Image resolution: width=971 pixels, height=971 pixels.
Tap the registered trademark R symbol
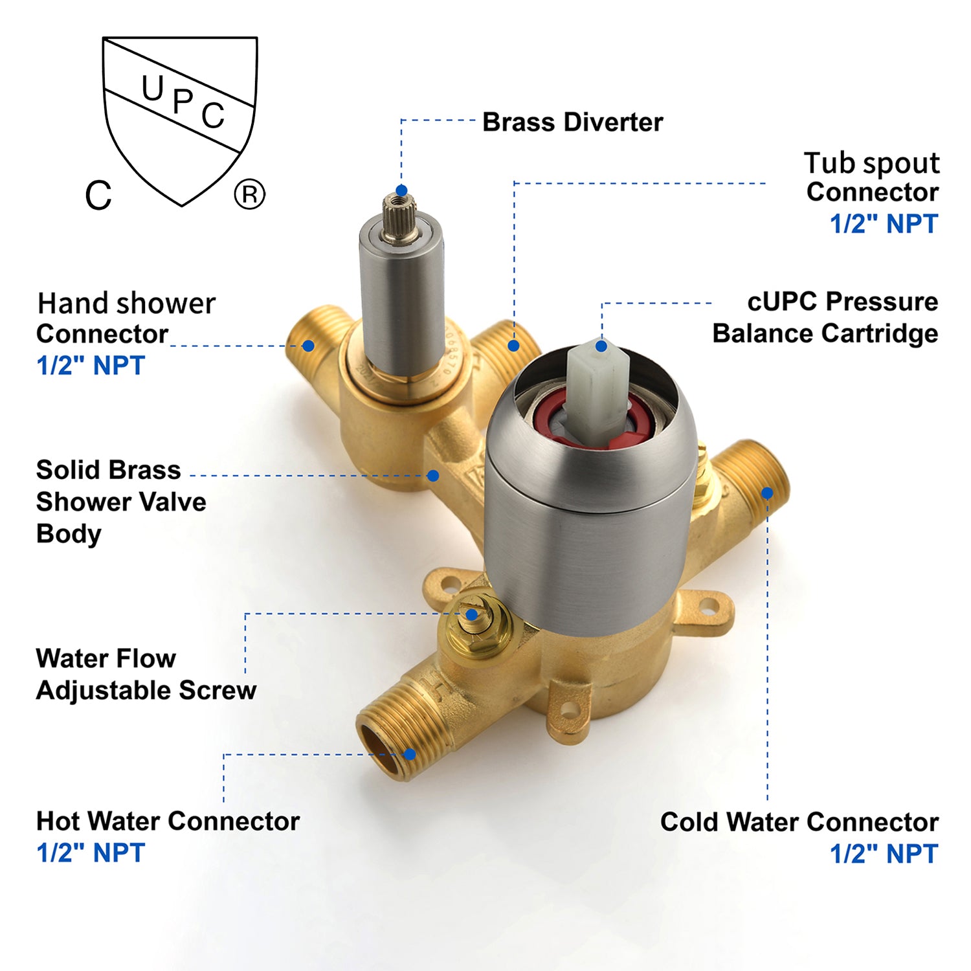(x=249, y=194)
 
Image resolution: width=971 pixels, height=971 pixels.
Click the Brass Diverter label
(x=572, y=122)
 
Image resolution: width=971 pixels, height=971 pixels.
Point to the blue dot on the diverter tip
(x=401, y=190)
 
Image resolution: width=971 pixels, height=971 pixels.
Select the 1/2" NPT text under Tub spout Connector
(x=884, y=224)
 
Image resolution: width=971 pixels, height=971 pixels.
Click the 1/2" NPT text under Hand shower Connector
(x=91, y=366)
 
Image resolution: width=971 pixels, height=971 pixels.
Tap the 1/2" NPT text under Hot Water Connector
(x=91, y=853)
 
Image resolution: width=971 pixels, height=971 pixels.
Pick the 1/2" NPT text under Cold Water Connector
(x=884, y=854)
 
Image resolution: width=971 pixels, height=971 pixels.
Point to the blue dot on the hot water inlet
(x=409, y=754)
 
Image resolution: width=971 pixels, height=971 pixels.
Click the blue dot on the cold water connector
(x=767, y=493)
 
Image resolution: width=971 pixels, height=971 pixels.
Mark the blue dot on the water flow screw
(x=472, y=614)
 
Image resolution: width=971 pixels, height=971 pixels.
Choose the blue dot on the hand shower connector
(x=309, y=346)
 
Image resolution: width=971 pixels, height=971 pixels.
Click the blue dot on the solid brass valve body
(x=434, y=476)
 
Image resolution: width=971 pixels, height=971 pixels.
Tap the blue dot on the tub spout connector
(x=513, y=346)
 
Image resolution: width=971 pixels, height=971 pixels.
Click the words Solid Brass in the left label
(x=108, y=470)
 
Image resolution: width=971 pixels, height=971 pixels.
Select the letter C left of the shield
(x=98, y=195)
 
